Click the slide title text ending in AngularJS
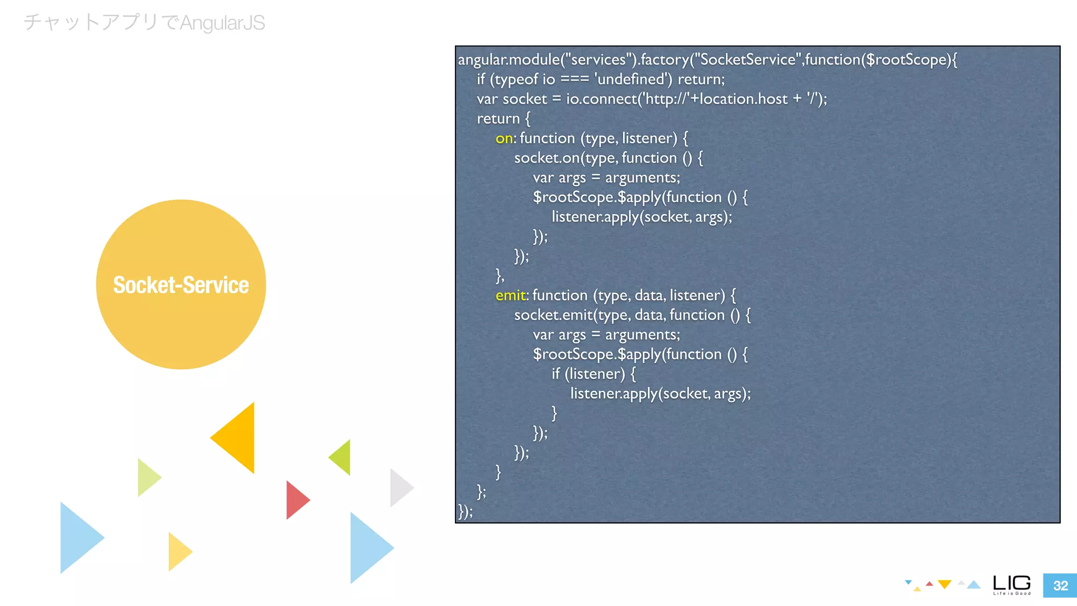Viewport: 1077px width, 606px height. (144, 23)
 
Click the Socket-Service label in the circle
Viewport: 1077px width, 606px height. (181, 285)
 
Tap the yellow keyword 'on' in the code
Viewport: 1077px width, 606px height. (504, 138)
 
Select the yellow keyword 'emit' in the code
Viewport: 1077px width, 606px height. (510, 295)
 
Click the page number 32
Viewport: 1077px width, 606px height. (1060, 585)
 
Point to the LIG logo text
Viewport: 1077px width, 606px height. (1012, 583)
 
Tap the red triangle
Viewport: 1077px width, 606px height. (296, 500)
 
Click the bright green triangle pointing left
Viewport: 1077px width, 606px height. (342, 457)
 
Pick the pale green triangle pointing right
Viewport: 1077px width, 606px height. (147, 477)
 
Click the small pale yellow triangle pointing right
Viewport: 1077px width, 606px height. (178, 551)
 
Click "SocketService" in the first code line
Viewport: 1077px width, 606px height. (748, 59)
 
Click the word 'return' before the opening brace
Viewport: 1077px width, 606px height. (498, 119)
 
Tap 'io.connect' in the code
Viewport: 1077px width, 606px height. (601, 99)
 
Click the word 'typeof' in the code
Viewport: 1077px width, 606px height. (517, 79)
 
